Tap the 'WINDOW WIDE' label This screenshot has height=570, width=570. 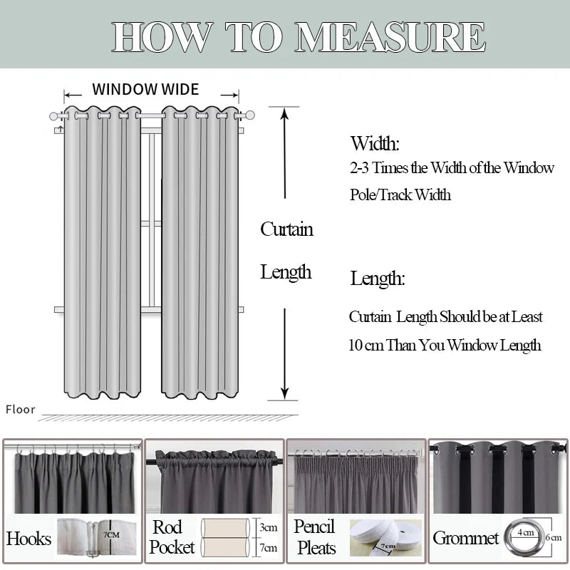pos(145,89)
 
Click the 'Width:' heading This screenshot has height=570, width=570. pos(375,143)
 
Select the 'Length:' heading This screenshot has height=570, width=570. pos(378,279)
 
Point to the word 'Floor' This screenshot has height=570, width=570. pos(21,409)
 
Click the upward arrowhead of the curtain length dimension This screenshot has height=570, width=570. pos(284,113)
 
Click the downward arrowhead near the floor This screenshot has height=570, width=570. pos(284,393)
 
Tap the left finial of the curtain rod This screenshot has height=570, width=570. pos(54,115)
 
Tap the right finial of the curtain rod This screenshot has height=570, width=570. pos(249,115)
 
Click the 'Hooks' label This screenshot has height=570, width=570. pos(28,538)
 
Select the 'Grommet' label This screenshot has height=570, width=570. pos(465,538)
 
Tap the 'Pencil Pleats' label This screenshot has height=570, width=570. pos(315,537)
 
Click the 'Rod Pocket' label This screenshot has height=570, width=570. pos(172,537)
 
